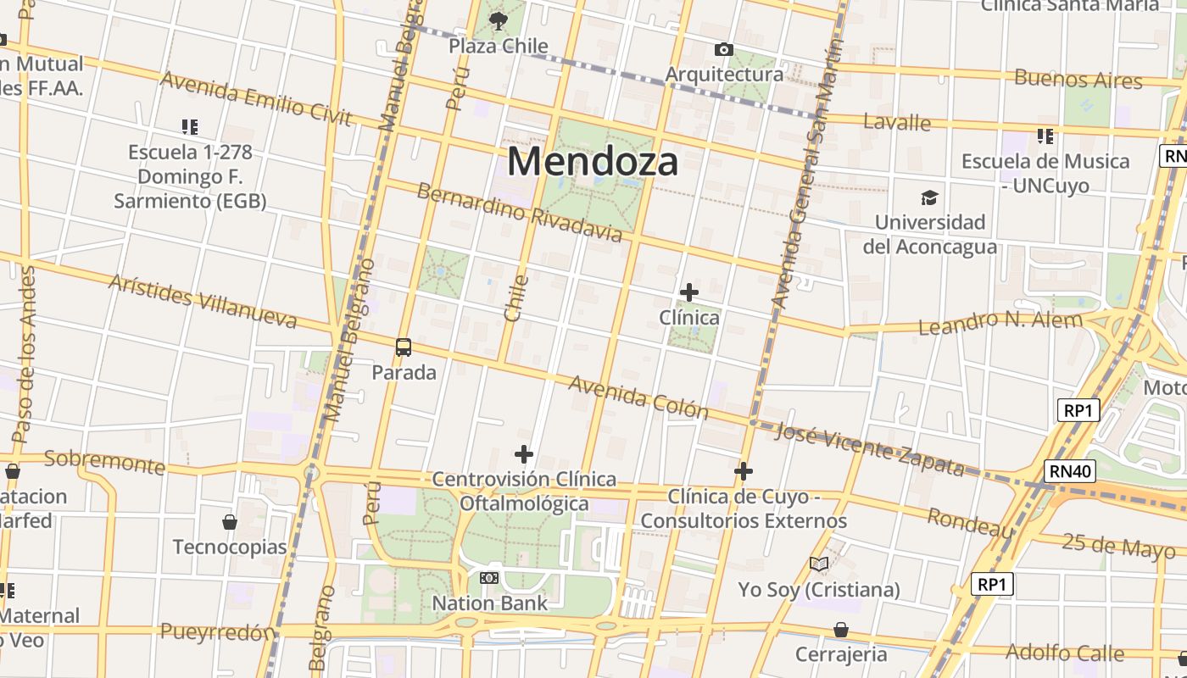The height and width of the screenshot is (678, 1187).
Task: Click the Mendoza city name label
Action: [x=593, y=161]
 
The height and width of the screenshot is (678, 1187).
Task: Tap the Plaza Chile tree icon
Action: [x=499, y=20]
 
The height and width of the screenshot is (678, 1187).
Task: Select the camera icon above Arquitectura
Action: [x=723, y=50]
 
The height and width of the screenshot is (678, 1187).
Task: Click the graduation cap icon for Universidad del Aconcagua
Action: [x=929, y=198]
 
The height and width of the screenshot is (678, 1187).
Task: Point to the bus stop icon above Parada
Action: [x=404, y=347]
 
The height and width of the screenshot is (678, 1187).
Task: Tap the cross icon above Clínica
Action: [x=689, y=292]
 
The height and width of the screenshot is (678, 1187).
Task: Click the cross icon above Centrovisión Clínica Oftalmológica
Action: [x=524, y=454]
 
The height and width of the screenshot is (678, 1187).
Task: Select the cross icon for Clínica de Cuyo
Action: [x=744, y=471]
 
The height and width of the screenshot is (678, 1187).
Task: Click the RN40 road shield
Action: [x=1071, y=471]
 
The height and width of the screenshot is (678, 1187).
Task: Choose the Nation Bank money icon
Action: [x=489, y=578]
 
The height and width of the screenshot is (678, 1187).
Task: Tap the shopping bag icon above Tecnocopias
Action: [x=230, y=522]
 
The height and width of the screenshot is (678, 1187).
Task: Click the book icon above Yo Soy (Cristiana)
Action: [x=819, y=564]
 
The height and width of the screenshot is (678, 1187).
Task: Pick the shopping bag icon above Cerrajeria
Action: [x=841, y=630]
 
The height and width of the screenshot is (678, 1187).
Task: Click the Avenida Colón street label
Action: [x=638, y=397]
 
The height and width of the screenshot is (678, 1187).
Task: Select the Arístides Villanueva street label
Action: [x=203, y=301]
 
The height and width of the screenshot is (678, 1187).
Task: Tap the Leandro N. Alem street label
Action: [x=1000, y=322]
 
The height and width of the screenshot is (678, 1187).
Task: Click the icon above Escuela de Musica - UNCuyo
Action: [x=1045, y=136]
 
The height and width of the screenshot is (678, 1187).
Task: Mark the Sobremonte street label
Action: [x=104, y=463]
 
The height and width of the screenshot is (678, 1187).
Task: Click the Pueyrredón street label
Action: [x=217, y=632]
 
